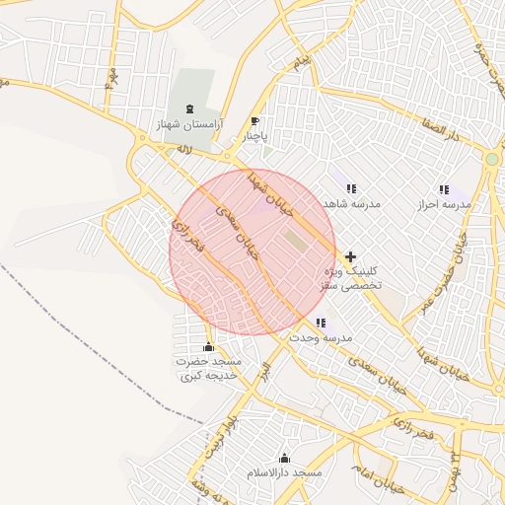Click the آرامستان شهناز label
[188, 125]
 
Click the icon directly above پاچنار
[255, 121]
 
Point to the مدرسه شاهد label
[351, 203]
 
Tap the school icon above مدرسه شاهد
[351, 188]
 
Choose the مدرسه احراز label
[443, 203]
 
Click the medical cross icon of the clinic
[350, 256]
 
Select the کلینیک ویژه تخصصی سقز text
[350, 276]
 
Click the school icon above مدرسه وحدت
[321, 323]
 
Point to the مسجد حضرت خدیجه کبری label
[208, 369]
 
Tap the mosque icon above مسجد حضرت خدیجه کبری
[208, 347]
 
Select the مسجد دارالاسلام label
[285, 472]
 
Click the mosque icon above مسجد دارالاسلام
[285, 458]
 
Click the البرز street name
[263, 373]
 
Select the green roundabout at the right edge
[491, 159]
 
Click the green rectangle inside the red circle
[295, 239]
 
